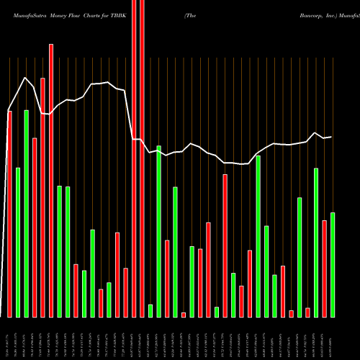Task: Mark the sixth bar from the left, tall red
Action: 51,180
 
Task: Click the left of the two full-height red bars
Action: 134,158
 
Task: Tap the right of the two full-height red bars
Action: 142,158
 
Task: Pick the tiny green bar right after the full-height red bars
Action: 150,311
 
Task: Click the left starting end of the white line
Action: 8,112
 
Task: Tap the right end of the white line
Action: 331,137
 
